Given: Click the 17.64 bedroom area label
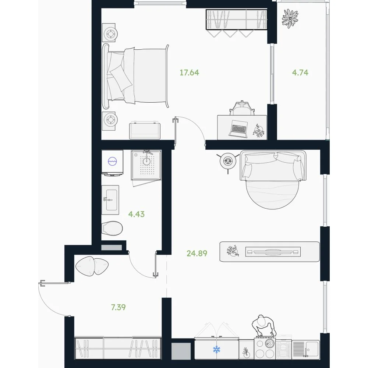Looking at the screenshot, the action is tap(189, 72).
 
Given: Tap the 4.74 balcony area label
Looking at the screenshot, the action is tap(300, 72).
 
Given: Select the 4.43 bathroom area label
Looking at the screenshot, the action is tap(137, 214).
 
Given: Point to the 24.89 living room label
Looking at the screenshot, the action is tap(197, 253).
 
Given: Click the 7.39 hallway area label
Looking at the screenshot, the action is tap(118, 307).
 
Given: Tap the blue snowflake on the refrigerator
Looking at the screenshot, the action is tap(216, 350).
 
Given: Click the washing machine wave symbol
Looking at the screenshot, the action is tap(112, 161).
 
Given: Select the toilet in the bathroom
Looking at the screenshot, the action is tap(112, 228).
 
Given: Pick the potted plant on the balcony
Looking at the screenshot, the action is tap(290, 18).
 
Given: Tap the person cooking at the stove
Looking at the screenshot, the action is tap(264, 326).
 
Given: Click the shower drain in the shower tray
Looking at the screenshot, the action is tap(146, 161).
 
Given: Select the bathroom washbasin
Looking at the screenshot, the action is tap(110, 200).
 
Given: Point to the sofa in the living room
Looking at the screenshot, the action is tap(273, 166).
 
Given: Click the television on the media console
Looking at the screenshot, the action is tap(273, 252).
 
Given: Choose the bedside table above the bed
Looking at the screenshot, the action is tap(109, 33).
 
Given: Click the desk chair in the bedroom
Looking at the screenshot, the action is tap(242, 108).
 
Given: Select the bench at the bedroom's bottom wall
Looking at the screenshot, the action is tap(145, 131).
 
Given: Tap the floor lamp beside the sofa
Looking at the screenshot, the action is tap(228, 161).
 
